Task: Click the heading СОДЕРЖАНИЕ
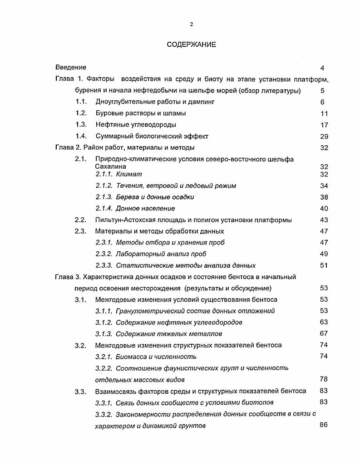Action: (x=191, y=44)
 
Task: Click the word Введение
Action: (x=71, y=68)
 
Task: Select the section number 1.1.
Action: (x=81, y=102)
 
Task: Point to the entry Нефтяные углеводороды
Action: (x=136, y=125)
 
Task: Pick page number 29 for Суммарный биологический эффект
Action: (x=324, y=137)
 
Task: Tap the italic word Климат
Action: (x=129, y=174)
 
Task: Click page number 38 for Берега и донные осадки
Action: (x=324, y=197)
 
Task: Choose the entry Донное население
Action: (x=145, y=209)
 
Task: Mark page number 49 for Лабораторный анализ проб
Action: (x=324, y=254)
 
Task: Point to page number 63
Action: (x=324, y=323)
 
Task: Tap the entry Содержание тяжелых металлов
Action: (x=169, y=334)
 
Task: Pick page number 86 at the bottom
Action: (x=324, y=425)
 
